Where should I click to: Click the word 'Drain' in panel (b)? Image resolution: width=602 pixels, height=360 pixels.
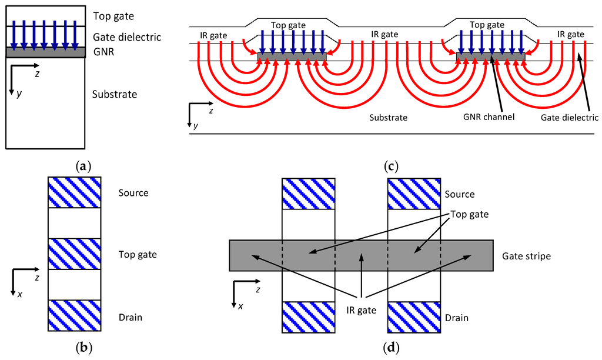click(x=131, y=318)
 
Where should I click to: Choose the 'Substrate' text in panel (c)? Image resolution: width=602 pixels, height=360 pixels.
click(x=388, y=118)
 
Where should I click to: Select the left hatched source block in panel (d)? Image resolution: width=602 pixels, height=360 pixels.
click(x=309, y=193)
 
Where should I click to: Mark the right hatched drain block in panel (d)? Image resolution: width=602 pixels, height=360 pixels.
click(x=414, y=317)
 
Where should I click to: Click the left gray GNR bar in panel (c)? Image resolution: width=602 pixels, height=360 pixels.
click(x=292, y=56)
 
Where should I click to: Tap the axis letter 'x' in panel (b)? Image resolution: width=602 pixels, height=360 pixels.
click(x=19, y=294)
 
